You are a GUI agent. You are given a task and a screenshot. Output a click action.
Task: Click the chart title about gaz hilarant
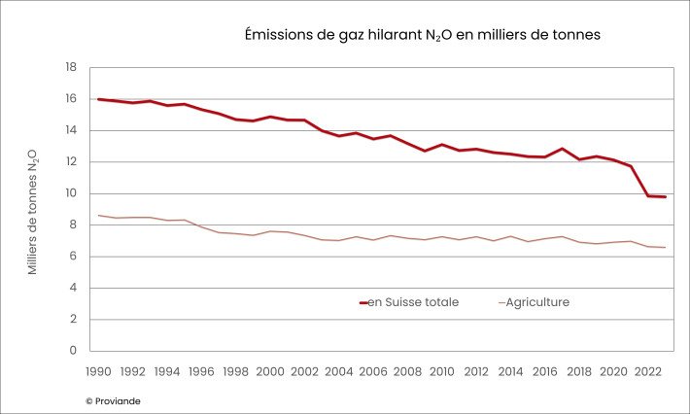click(x=422, y=34)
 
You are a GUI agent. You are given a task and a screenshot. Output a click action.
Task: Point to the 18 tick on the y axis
click(x=71, y=68)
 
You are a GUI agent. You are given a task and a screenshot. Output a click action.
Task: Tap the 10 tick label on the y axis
click(x=71, y=193)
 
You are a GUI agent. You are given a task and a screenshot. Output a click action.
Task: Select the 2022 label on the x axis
click(x=649, y=371)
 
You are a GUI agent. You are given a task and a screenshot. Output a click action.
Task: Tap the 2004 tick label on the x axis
click(x=339, y=371)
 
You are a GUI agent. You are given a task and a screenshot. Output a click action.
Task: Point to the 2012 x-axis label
click(x=476, y=371)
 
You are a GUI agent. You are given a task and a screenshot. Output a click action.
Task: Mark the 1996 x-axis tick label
click(x=201, y=371)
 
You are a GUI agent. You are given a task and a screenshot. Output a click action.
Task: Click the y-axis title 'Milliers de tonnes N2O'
click(x=33, y=212)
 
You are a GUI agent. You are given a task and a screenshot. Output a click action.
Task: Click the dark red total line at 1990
click(x=97, y=99)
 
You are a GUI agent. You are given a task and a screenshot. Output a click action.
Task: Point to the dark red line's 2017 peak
click(x=563, y=149)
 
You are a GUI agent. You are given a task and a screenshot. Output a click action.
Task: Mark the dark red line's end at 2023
click(x=665, y=197)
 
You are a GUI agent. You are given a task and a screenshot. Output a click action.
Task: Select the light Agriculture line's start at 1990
click(x=97, y=216)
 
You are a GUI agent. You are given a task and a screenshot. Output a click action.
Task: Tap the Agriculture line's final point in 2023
click(x=665, y=248)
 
